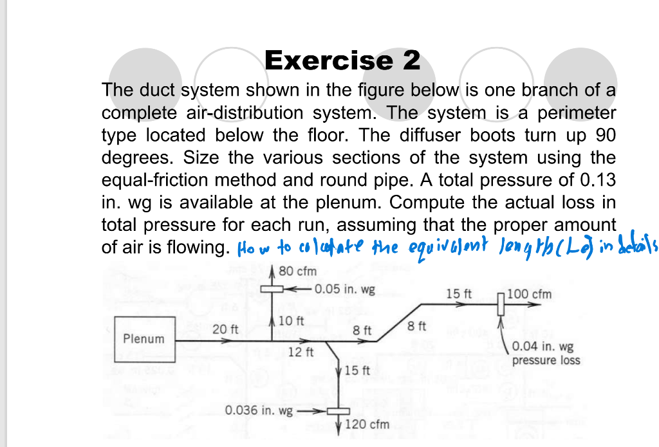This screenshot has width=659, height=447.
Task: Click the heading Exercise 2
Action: tap(342, 60)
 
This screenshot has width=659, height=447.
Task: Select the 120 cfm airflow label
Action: tap(367, 424)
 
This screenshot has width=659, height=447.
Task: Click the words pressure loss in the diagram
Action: tap(546, 360)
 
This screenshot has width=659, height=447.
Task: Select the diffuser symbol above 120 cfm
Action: tap(338, 412)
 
